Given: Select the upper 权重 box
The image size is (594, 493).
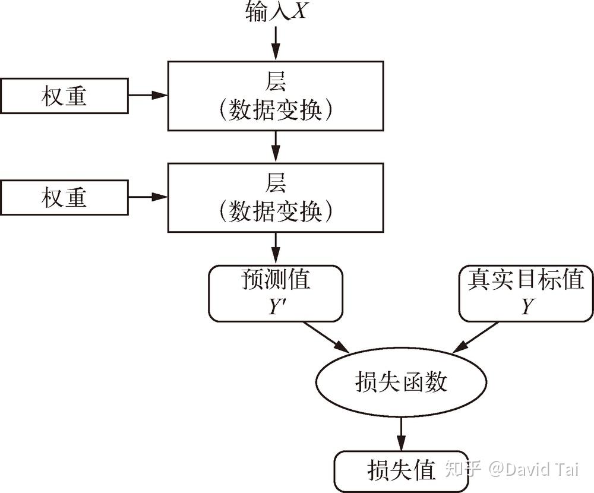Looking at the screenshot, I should [64, 95].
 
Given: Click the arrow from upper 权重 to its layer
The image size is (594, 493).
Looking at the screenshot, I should [148, 95].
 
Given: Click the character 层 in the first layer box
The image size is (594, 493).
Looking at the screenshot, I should [276, 82].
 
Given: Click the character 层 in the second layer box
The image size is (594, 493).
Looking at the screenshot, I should [276, 183].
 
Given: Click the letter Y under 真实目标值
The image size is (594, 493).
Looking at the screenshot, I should [526, 308].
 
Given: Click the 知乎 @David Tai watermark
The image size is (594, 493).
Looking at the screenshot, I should [511, 469].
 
